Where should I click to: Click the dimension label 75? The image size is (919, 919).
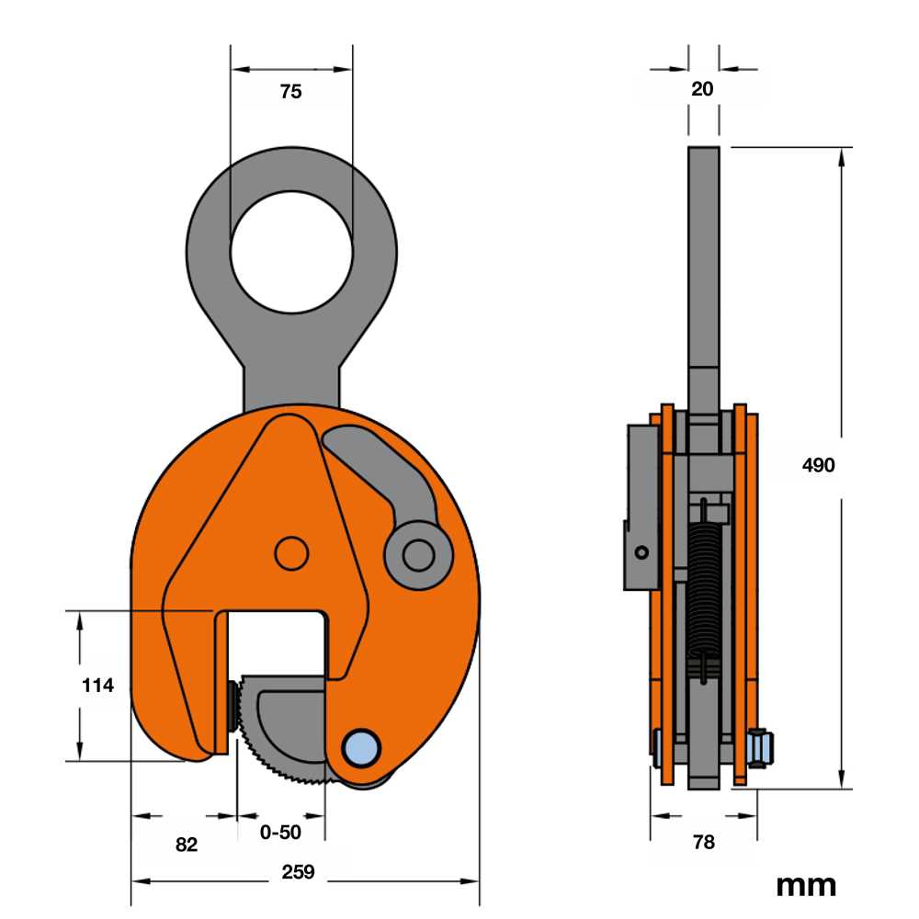[x=290, y=91]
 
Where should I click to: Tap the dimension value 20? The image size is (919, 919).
[x=702, y=89]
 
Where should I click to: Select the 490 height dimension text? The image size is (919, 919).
[x=818, y=465]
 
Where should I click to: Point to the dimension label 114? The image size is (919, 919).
[x=97, y=685]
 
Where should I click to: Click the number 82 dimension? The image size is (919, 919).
[x=187, y=845]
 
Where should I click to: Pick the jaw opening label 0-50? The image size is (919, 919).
[x=280, y=833]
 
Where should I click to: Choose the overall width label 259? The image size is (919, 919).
[x=300, y=872]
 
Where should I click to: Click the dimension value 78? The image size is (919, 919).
[x=703, y=842]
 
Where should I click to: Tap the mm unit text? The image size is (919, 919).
[x=806, y=885]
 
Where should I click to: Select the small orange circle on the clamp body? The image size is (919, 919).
[x=291, y=553]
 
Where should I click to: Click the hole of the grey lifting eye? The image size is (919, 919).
[x=291, y=255]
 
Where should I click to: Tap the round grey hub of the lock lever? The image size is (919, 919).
[x=418, y=554]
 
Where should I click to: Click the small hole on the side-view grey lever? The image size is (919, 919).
[x=641, y=552]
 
